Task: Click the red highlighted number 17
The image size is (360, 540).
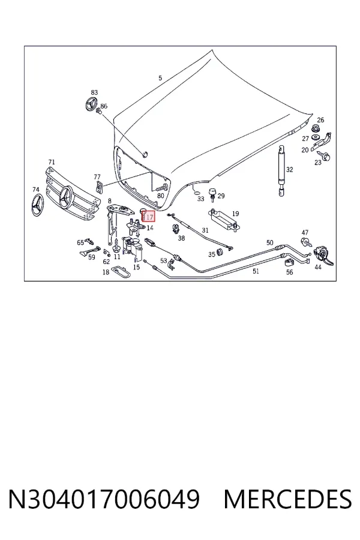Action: point(149,217)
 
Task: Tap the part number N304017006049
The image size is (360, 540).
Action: point(104,499)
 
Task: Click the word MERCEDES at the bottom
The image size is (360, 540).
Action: point(287,499)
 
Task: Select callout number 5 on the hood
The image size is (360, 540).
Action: point(160,78)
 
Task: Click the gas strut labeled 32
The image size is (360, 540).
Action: point(282,170)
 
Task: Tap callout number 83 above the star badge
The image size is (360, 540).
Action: point(94,92)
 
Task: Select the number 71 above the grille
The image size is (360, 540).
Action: point(52,162)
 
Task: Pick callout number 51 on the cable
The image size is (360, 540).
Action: point(256,271)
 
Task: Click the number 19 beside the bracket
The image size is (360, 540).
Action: point(235,214)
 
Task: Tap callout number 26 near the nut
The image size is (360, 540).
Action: point(320,120)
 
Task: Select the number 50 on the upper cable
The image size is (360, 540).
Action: point(270,243)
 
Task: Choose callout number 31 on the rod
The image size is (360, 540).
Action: point(205,230)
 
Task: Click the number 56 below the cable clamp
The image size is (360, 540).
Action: point(289,272)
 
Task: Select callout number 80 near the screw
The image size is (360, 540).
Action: point(161,196)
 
